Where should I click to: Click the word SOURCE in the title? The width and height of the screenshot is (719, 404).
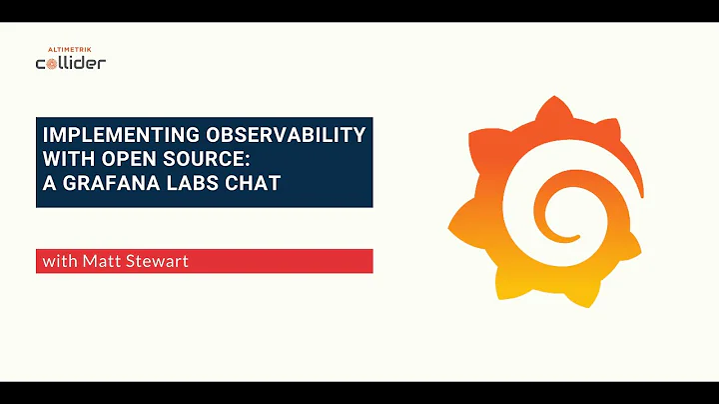tap(206, 160)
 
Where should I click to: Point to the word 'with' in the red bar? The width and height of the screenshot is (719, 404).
tap(57, 262)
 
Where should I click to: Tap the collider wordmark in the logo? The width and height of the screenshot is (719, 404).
tap(70, 62)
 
